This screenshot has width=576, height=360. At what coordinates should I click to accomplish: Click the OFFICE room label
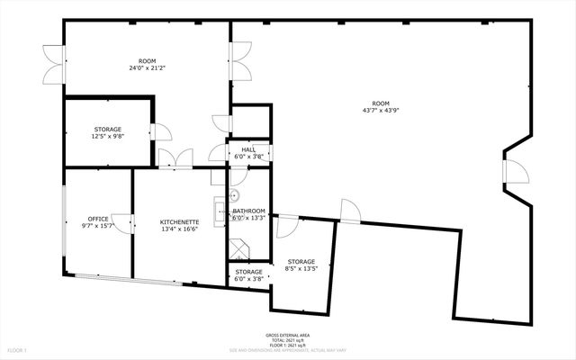pyautogui.click(x=98, y=219)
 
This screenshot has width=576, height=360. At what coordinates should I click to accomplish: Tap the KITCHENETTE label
pyautogui.click(x=179, y=221)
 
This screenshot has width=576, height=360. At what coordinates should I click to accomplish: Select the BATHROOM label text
pyautogui.click(x=249, y=211)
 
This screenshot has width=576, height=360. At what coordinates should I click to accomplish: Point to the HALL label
pyautogui.click(x=248, y=149)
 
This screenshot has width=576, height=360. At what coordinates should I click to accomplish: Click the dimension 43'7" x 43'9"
pyautogui.click(x=381, y=111)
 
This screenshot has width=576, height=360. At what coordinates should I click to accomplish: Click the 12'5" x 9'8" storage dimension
pyautogui.click(x=107, y=137)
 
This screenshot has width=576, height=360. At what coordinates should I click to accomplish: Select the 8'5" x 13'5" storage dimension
pyautogui.click(x=301, y=268)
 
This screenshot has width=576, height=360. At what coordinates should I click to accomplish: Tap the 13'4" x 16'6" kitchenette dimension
pyautogui.click(x=179, y=229)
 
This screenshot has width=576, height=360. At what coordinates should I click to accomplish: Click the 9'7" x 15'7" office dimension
pyautogui.click(x=98, y=226)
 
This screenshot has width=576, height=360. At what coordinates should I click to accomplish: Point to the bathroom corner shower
pyautogui.click(x=238, y=248)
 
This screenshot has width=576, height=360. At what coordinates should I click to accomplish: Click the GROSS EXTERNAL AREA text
pyautogui.click(x=287, y=333)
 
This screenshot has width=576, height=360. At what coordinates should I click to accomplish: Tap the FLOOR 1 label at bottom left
pyautogui.click(x=18, y=349)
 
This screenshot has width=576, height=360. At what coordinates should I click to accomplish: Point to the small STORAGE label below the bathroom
pyautogui.click(x=249, y=272)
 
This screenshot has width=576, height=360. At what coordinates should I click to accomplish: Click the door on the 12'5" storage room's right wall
pyautogui.click(x=160, y=131)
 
